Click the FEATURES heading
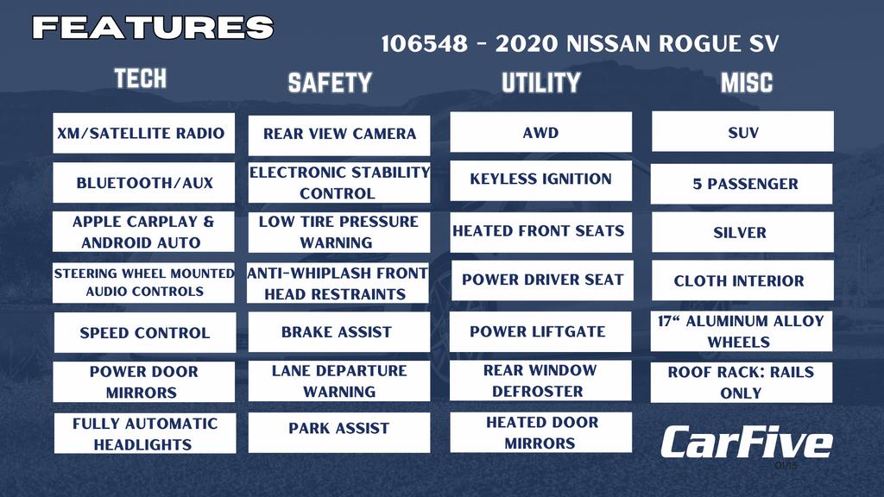pyautogui.click(x=153, y=27)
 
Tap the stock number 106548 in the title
pyautogui.click(x=425, y=44)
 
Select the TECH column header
pyautogui.click(x=141, y=79)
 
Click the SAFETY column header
pyautogui.click(x=330, y=83)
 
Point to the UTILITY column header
pyautogui.click(x=540, y=83)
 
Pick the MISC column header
pyautogui.click(x=747, y=83)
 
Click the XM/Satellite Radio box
pyautogui.click(x=144, y=133)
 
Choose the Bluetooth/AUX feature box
pyautogui.click(x=144, y=183)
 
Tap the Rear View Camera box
pyautogui.click(x=338, y=135)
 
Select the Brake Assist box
pyautogui.click(x=338, y=332)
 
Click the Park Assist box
pyautogui.click(x=338, y=432)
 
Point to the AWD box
pyautogui.click(x=540, y=132)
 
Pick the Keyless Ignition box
pyautogui.click(x=540, y=180)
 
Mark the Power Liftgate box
pyautogui.click(x=540, y=332)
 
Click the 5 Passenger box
pyautogui.click(x=742, y=184)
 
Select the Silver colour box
pyautogui.click(x=742, y=232)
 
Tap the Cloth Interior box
pyautogui.click(x=742, y=280)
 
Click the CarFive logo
pyautogui.click(x=747, y=442)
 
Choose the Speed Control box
pyautogui.click(x=145, y=332)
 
